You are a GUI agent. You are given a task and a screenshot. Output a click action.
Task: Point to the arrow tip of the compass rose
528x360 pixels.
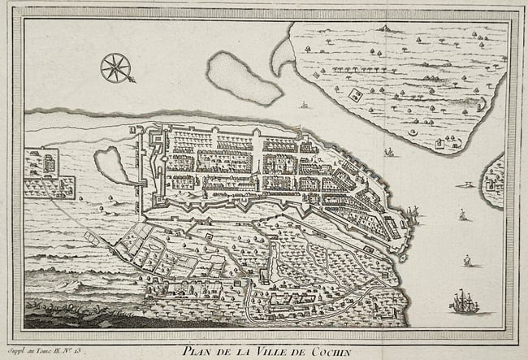click(x=132, y=80)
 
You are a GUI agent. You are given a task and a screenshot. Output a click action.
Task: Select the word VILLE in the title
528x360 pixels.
click(x=273, y=350)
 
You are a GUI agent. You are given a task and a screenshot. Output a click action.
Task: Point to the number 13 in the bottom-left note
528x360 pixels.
click(x=80, y=350)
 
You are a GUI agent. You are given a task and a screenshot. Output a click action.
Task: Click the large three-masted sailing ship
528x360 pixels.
click(x=464, y=302)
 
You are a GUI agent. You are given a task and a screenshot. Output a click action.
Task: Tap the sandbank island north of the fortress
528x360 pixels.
click(x=241, y=78)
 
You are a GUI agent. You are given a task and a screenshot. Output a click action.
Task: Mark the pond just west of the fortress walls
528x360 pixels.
click(x=113, y=164)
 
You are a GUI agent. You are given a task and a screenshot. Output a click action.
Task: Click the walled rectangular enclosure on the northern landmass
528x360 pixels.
click(x=356, y=95)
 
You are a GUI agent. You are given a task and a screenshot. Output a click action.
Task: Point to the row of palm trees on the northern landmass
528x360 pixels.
click(x=357, y=70)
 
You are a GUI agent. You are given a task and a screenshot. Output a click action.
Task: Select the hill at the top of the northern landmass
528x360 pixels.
click(x=388, y=29)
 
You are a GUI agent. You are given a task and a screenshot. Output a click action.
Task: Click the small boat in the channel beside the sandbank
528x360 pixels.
click(x=304, y=105)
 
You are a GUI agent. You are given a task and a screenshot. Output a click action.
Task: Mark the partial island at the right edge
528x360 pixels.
click(x=493, y=182)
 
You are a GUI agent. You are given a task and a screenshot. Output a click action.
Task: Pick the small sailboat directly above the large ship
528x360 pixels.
click(x=467, y=261)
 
